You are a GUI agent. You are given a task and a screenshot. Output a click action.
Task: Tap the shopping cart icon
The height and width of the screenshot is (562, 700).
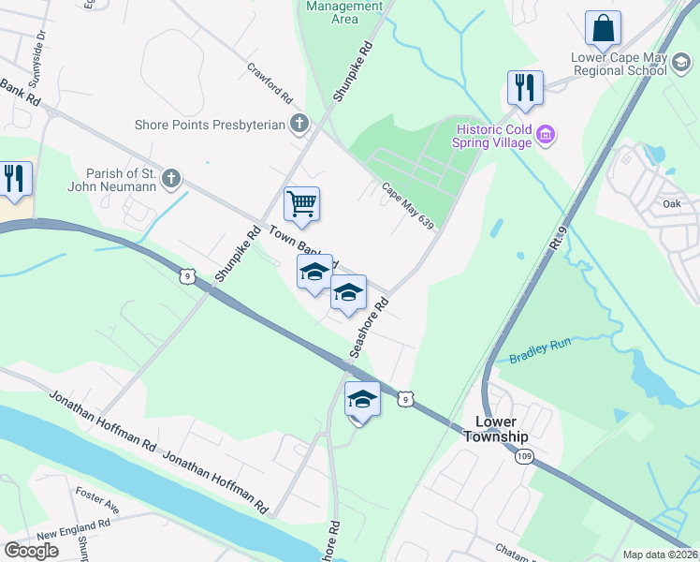coord(301,203)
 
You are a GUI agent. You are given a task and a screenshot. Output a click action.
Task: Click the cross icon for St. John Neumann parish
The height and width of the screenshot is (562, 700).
coord(170,177)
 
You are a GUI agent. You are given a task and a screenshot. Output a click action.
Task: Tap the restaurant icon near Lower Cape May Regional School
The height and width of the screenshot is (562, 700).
coord(525,88)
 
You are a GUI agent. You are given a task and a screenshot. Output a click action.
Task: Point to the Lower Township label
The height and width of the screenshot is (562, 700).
coord(496,430)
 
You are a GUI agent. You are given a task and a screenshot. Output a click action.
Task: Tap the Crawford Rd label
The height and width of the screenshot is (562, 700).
coord(271,83)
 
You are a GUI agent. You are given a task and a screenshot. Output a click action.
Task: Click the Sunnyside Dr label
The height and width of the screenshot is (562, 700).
coord(41,44)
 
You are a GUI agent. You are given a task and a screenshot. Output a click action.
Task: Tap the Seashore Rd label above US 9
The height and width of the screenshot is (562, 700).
coord(369,328)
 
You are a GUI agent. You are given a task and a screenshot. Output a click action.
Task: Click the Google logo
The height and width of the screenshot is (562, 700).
coord(32,550)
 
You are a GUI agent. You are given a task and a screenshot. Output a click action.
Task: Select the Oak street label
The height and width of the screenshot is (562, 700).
coord(671,203)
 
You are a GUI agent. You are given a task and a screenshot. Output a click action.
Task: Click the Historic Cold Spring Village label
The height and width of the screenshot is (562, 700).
coord(493,136)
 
